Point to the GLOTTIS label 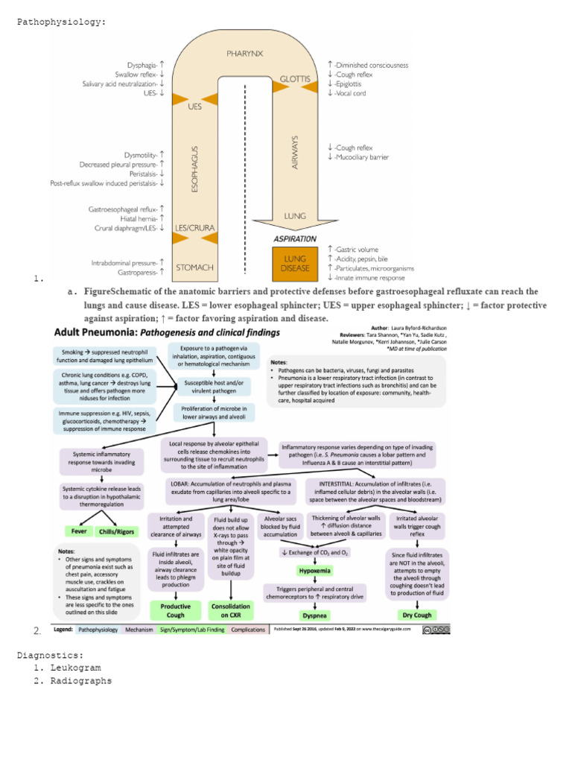295,78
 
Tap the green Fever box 79,531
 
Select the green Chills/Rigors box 118,531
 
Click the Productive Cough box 175,611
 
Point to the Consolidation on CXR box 230,611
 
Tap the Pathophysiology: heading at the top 61,22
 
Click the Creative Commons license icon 436,630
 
